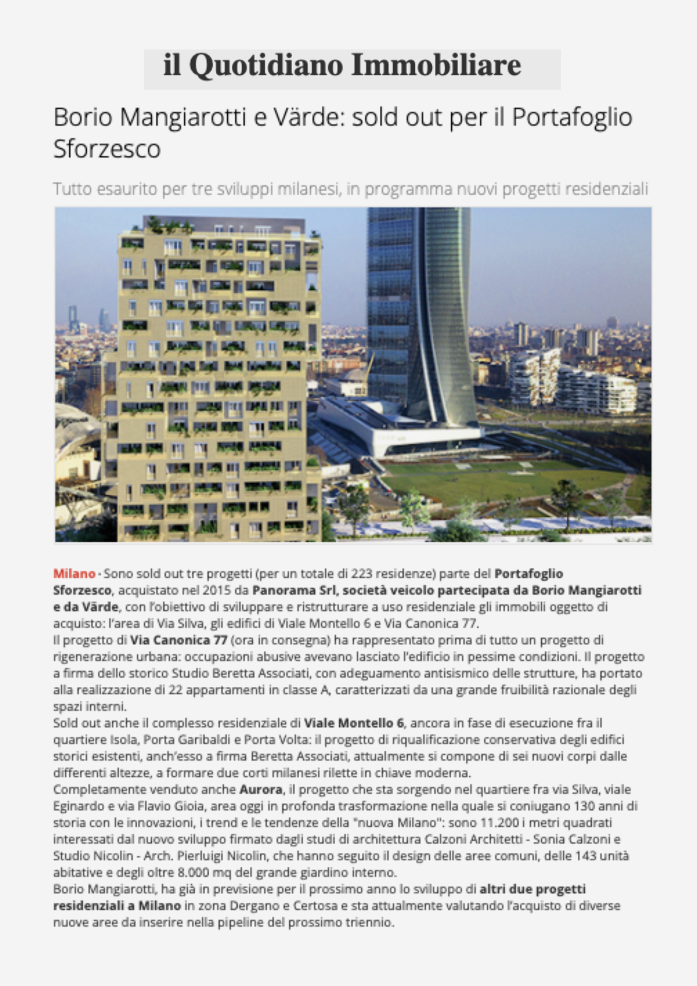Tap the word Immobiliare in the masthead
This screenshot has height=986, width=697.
[436, 65]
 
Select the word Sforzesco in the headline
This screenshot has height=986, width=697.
[107, 149]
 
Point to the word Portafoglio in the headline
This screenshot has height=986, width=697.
[572, 117]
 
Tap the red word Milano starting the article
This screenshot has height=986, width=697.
[74, 574]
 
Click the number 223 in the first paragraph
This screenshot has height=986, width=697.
[362, 574]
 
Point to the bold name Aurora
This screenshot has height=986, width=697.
[261, 790]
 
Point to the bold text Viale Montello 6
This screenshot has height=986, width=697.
[354, 723]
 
